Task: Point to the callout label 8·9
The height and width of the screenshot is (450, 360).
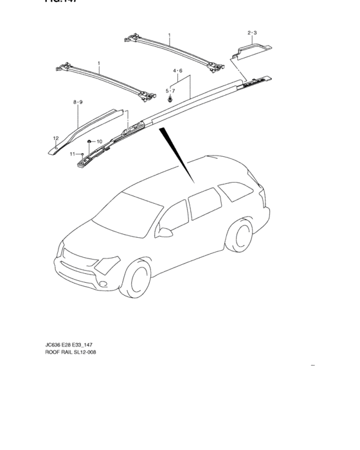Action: [78, 102]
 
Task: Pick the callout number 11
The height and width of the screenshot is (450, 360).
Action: [73, 154]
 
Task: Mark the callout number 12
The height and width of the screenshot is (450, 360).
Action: [56, 138]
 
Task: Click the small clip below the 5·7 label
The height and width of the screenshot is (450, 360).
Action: [170, 99]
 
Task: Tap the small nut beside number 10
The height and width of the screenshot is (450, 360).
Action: [89, 141]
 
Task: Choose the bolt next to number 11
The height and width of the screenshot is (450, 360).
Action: [83, 154]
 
